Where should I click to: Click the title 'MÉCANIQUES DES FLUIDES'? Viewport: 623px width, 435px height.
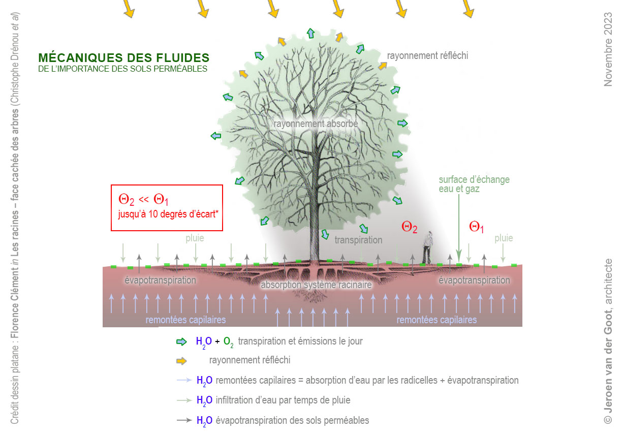tap(123, 57)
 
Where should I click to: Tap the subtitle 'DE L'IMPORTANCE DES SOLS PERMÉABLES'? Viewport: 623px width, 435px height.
tap(122, 69)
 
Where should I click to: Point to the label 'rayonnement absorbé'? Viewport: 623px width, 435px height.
tap(316, 123)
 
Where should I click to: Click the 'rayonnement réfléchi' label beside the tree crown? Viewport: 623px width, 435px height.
tap(427, 55)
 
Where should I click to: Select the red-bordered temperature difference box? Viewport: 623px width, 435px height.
tap(167, 207)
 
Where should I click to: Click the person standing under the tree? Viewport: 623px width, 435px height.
tap(429, 247)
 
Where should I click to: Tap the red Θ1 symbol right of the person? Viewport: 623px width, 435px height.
tap(476, 227)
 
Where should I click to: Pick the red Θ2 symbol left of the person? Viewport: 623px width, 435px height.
tap(410, 227)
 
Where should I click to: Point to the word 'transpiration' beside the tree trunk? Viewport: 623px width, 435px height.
tap(358, 240)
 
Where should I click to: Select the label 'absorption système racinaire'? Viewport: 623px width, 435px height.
tap(316, 285)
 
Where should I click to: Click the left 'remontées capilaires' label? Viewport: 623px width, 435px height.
tap(185, 320)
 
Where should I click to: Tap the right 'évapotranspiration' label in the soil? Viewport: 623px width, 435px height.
tap(474, 280)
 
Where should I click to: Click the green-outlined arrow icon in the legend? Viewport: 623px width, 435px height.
tap(181, 341)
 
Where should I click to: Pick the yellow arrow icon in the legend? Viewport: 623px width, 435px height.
tap(181, 361)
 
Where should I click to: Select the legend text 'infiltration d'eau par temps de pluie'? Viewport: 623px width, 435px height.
tap(283, 400)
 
